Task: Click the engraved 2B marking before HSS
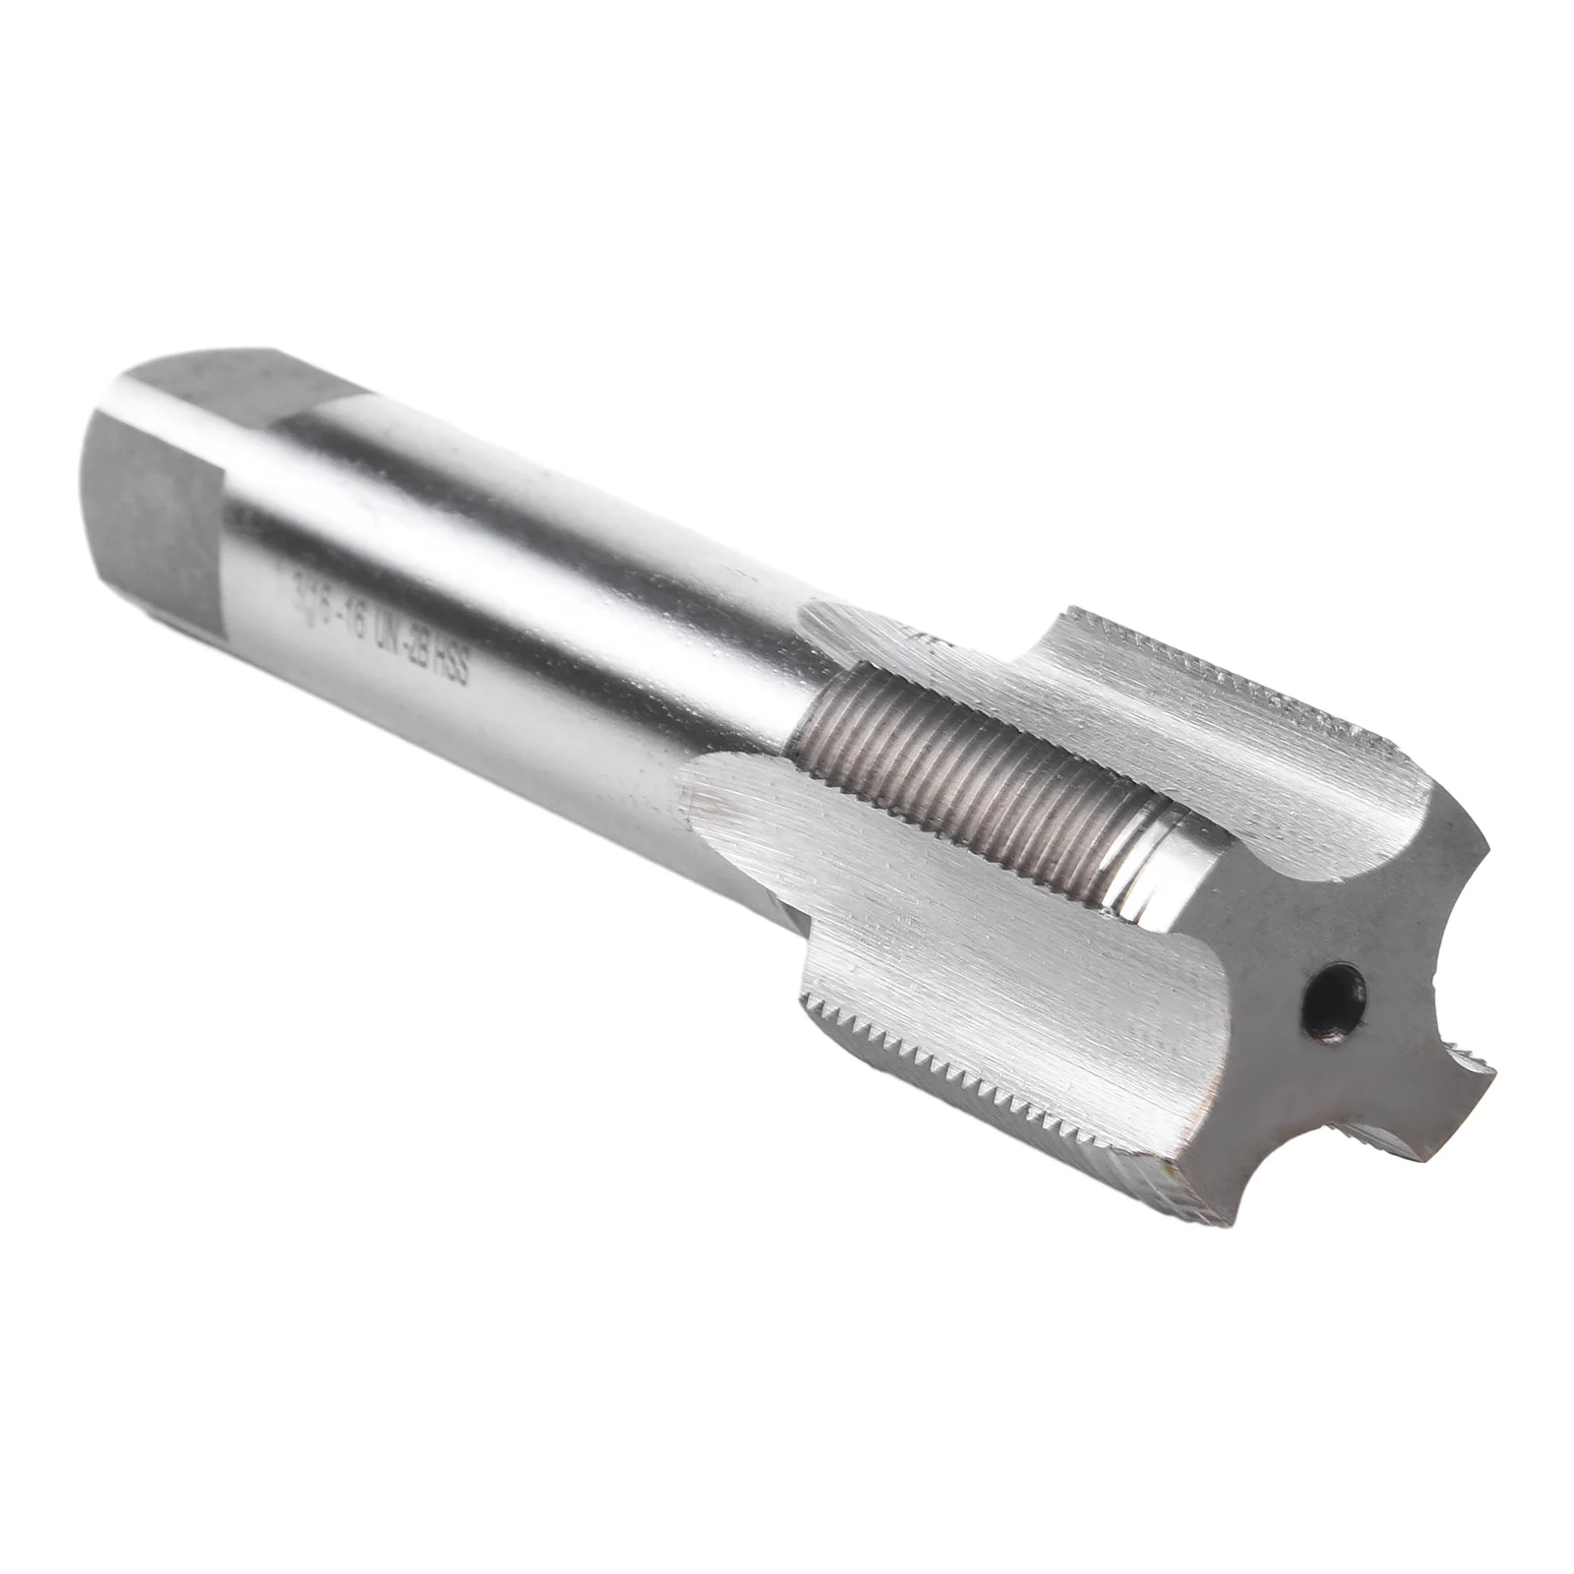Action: coord(416,649)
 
